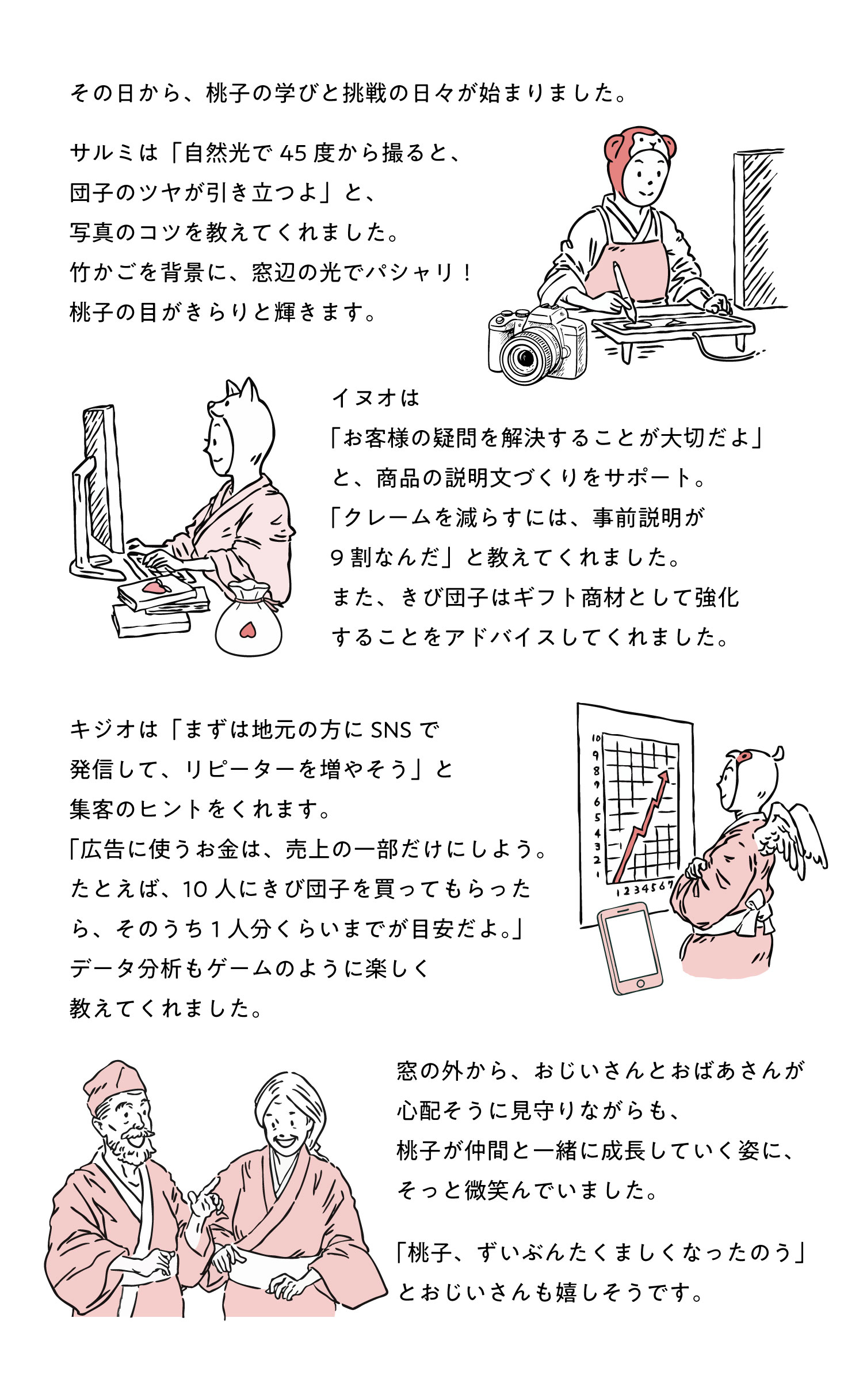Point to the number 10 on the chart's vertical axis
point(596,738)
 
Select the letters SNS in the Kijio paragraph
point(391,730)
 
